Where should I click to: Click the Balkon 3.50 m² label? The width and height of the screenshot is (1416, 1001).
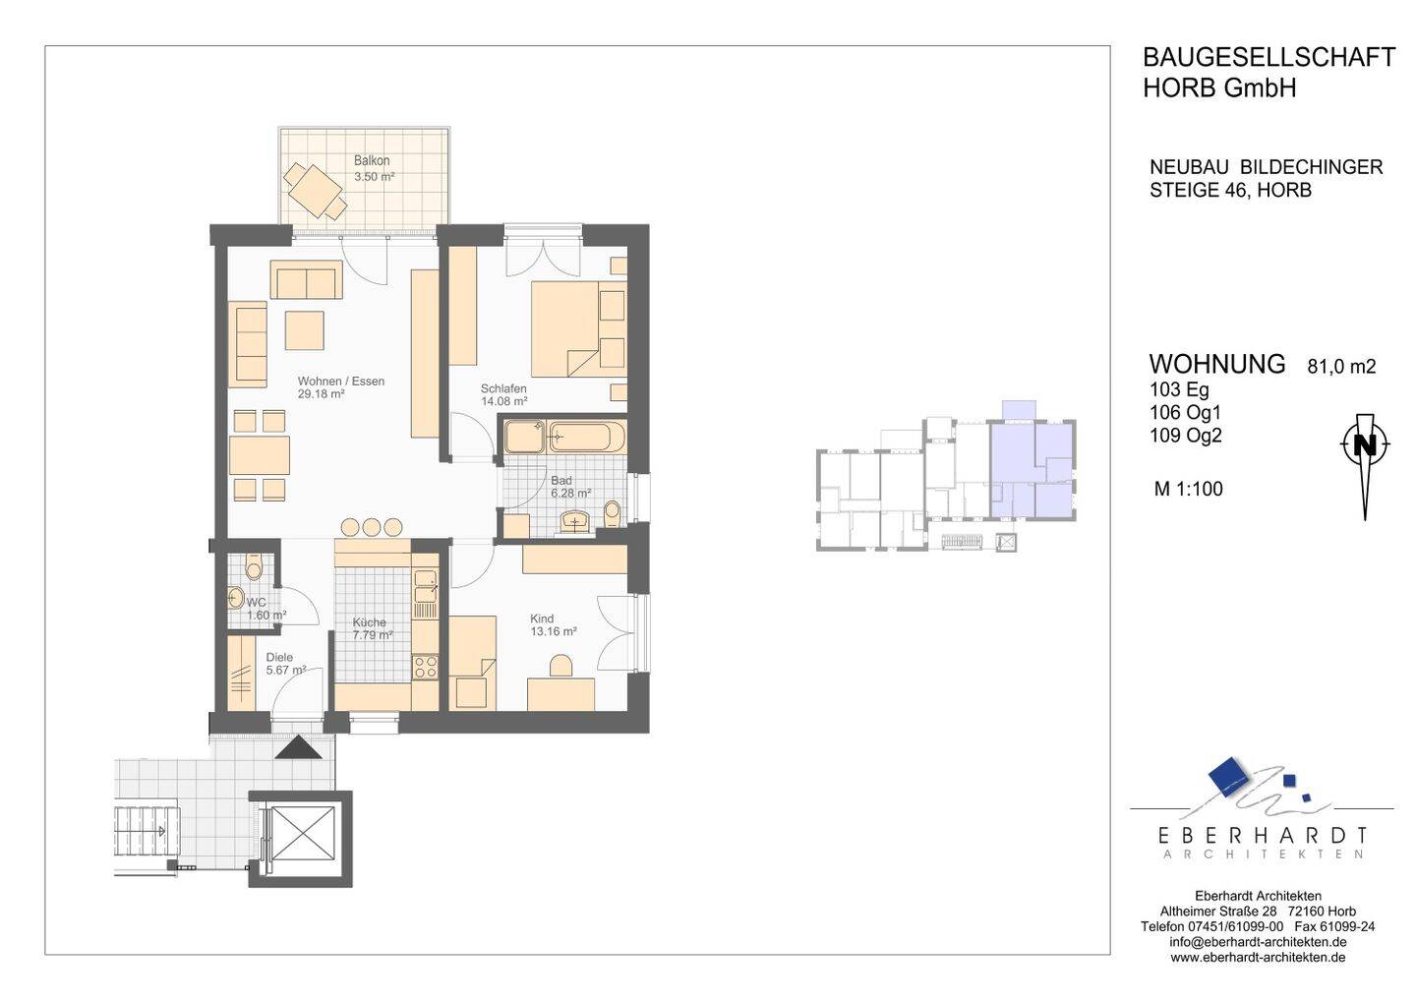(374, 169)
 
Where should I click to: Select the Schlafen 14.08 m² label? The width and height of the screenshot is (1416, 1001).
(503, 395)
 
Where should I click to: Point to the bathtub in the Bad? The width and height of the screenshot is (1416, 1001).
(587, 437)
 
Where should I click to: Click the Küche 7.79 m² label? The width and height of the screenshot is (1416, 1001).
(373, 628)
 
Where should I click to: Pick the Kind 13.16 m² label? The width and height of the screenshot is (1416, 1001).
(553, 625)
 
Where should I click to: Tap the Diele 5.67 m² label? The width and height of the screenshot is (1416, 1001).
(286, 664)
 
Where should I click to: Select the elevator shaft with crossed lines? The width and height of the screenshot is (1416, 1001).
(301, 839)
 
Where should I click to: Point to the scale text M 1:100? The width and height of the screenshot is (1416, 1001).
(1189, 489)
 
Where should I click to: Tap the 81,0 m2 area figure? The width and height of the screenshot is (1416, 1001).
(1341, 367)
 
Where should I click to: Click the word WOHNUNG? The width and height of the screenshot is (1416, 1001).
(1217, 364)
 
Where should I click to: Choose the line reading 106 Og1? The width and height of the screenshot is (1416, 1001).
(1186, 413)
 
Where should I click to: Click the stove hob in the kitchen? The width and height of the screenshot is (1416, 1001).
(425, 667)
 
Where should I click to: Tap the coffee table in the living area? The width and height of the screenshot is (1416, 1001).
(304, 329)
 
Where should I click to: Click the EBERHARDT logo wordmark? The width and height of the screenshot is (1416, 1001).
(1262, 835)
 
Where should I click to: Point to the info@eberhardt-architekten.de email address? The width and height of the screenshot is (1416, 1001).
(1258, 942)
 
